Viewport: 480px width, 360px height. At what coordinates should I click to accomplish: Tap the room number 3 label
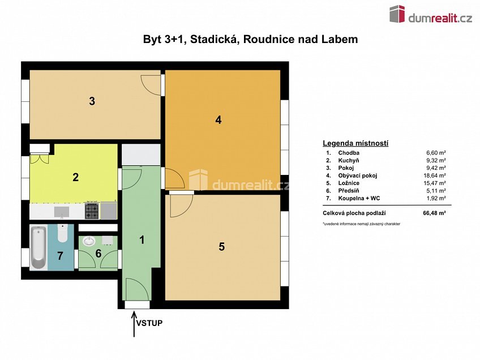(92, 102)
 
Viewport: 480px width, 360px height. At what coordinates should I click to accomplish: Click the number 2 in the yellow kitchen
(75, 177)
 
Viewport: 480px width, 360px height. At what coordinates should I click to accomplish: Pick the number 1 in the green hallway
(142, 239)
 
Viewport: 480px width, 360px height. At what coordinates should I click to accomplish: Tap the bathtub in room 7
(38, 248)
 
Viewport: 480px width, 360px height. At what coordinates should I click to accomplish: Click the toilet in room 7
(62, 233)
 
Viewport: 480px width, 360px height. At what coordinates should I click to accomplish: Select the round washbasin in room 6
(89, 241)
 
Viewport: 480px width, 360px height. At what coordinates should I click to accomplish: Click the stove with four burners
(92, 211)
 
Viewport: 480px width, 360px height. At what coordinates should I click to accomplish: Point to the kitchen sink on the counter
(62, 211)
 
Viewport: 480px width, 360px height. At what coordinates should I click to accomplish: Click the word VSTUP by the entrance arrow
(149, 324)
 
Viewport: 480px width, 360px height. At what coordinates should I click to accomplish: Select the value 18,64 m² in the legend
(436, 175)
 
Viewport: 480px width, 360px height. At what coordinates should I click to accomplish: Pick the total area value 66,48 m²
(435, 213)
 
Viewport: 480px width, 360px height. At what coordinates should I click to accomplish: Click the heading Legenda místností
(355, 143)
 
